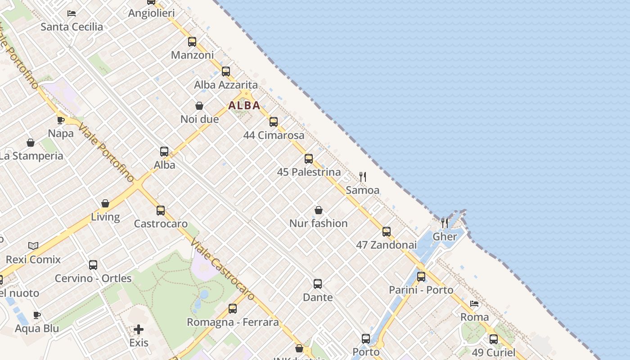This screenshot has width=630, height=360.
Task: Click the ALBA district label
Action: (244, 105)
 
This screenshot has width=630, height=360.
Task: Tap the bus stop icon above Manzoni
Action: (192, 42)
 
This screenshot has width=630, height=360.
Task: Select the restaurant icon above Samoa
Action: (363, 176)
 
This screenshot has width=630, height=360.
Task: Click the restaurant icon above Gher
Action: (445, 223)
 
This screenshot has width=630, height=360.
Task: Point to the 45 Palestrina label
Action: (309, 172)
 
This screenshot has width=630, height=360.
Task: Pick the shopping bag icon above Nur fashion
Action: (319, 210)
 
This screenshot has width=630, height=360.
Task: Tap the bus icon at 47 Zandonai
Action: (387, 232)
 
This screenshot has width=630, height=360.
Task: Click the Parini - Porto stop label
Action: (421, 290)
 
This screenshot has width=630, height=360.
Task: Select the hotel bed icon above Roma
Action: (474, 304)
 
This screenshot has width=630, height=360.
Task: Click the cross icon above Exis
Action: (139, 329)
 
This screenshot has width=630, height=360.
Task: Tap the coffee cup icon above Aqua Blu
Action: (37, 315)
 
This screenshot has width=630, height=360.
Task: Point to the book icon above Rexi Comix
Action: (33, 246)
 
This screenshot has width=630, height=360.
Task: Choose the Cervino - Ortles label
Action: (93, 278)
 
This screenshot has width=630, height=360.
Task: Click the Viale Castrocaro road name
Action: (222, 270)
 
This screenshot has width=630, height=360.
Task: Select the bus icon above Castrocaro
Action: (161, 210)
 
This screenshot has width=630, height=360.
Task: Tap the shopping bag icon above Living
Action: (105, 203)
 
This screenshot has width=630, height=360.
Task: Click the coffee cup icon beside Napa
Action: (61, 120)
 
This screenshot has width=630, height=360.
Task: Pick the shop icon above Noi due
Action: (199, 106)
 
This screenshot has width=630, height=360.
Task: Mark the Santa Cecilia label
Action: (72, 27)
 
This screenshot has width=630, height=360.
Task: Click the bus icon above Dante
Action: (318, 284)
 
